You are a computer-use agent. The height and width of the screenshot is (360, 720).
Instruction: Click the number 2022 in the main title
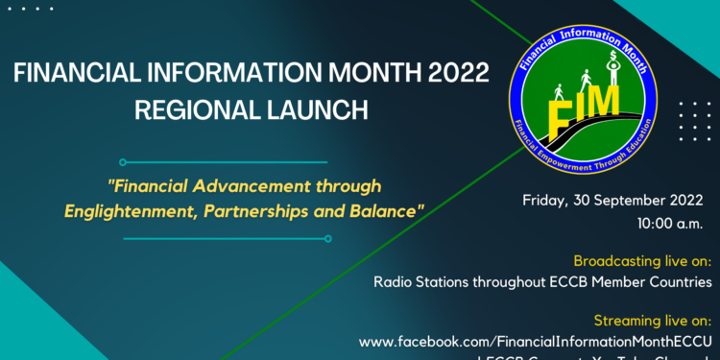tap(454, 73)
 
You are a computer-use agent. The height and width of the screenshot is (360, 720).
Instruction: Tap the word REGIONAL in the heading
tap(179, 108)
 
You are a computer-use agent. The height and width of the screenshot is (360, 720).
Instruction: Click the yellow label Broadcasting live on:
tap(641, 260)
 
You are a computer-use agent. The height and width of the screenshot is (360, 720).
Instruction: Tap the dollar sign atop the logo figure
tap(612, 57)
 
